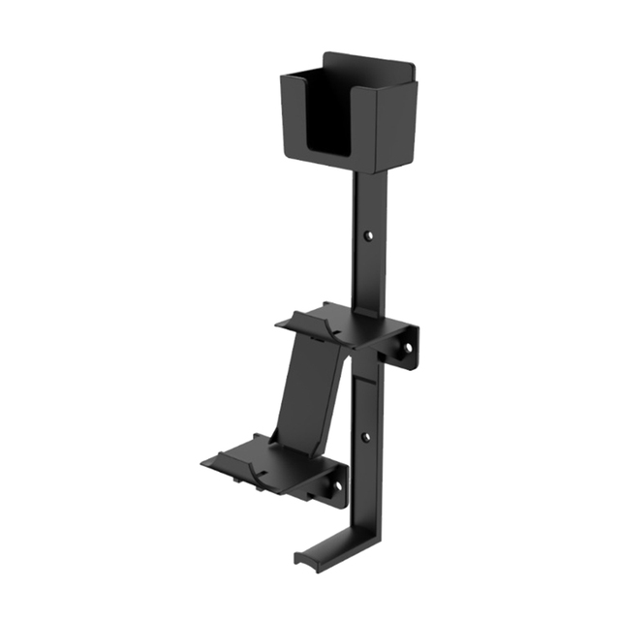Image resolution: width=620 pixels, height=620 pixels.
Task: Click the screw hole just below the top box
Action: pyautogui.click(x=369, y=234)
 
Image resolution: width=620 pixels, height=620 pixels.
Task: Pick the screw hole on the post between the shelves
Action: pyautogui.click(x=365, y=437)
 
